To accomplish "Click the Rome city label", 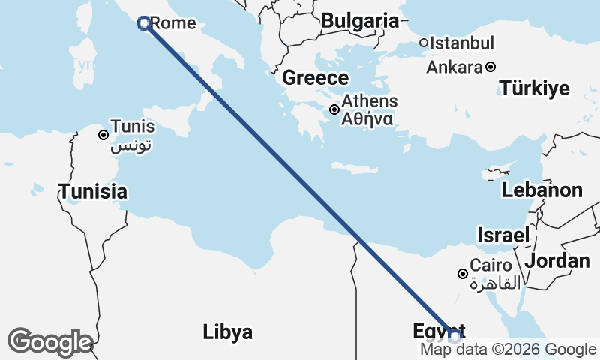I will click(173, 23).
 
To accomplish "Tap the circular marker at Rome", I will click(144, 23).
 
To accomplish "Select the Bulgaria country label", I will click(359, 21).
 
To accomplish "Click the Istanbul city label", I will click(462, 43).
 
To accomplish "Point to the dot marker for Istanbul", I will click(424, 43).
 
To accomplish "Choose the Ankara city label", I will click(454, 67).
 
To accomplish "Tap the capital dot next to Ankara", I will click(490, 67).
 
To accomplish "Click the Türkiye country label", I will click(535, 88).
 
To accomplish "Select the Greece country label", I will click(316, 78).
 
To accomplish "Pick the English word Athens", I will click(370, 101).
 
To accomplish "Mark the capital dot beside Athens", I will click(334, 109).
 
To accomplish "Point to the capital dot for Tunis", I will click(103, 135).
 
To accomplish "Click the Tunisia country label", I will click(93, 191).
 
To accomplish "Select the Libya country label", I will click(227, 331).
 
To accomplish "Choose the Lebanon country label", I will click(542, 190).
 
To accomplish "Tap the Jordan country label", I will click(557, 260).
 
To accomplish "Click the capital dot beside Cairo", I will click(463, 274).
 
